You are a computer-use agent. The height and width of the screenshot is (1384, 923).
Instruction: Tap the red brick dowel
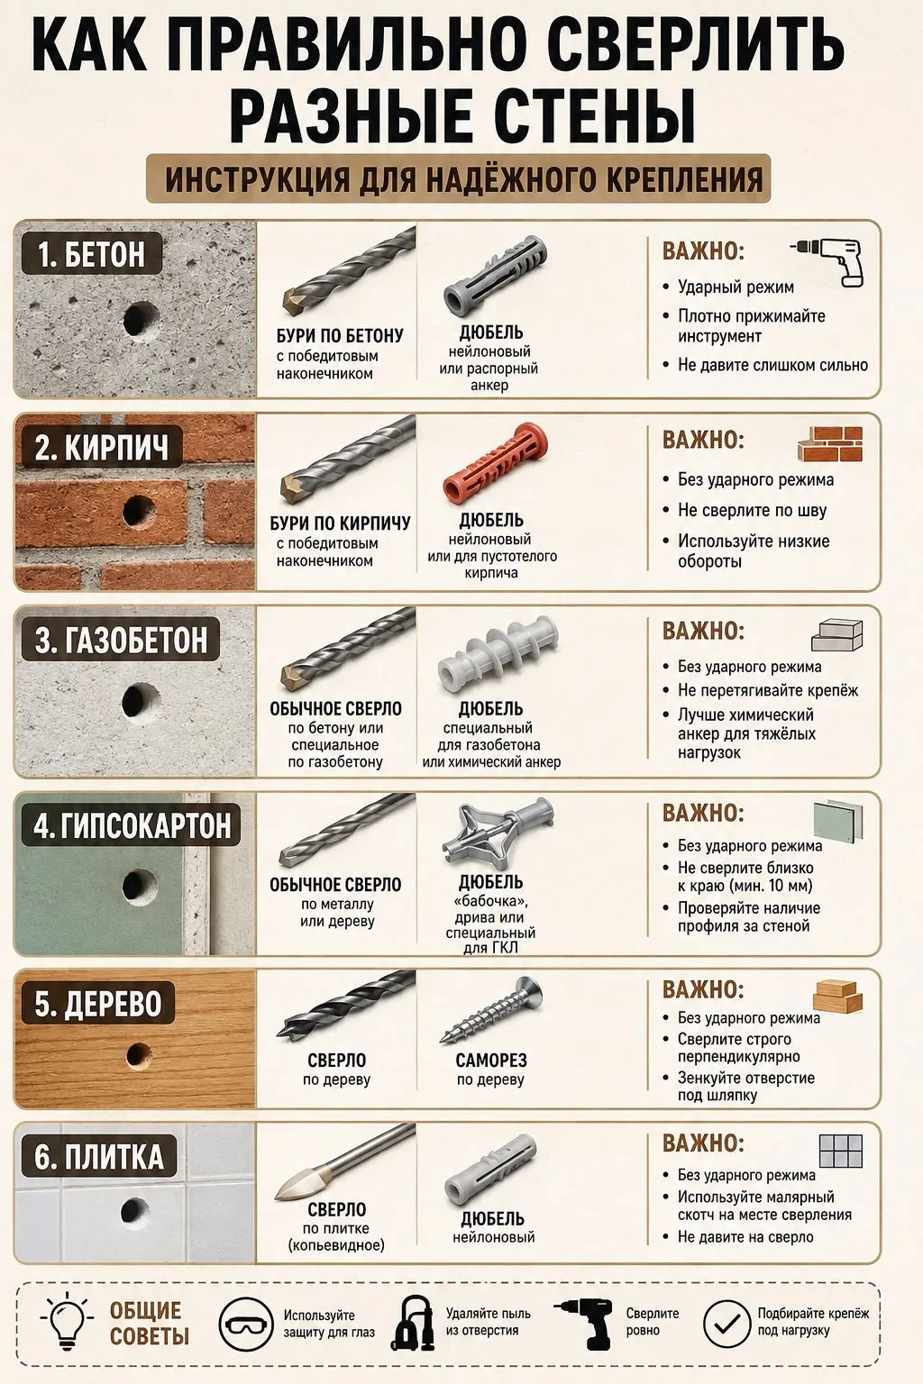[x=496, y=462]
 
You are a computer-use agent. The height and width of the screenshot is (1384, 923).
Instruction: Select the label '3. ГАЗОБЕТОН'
[x=121, y=640]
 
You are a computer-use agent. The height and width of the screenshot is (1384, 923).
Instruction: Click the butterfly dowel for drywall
[x=498, y=834]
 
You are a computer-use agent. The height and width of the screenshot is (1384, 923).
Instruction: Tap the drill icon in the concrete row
[x=827, y=262]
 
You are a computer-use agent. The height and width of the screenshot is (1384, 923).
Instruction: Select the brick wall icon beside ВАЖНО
[x=829, y=443]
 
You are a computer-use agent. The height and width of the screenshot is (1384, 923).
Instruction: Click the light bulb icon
[x=67, y=1324]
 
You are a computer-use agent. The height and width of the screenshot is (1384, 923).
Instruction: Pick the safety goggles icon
[x=246, y=1324]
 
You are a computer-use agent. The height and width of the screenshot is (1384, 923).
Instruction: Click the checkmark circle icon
[x=727, y=1324]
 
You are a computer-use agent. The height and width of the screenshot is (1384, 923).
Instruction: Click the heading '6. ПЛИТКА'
[x=99, y=1157]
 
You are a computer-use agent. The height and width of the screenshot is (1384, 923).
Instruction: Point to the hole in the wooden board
[x=139, y=1055]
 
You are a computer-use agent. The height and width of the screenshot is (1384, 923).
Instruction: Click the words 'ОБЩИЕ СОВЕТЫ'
[x=149, y=1324]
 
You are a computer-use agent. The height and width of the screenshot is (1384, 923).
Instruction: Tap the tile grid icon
[x=840, y=1151]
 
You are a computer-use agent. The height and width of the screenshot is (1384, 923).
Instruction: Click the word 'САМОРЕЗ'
[x=491, y=1061]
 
